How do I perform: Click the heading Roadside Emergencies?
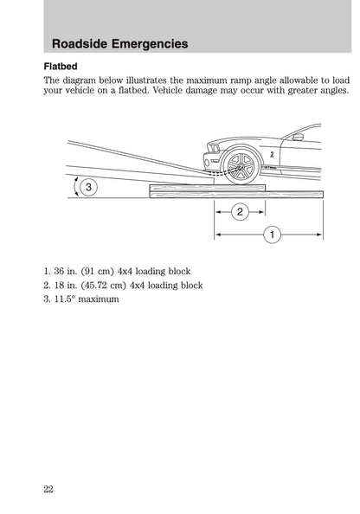pyautogui.click(x=120, y=43)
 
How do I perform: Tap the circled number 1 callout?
pyautogui.click(x=271, y=234)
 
